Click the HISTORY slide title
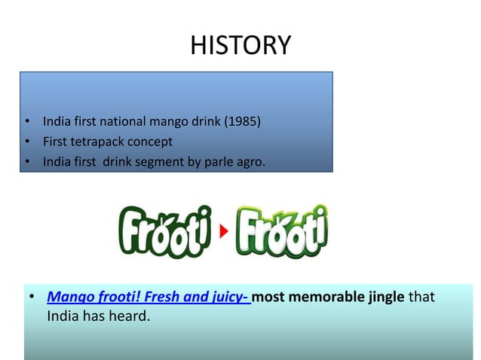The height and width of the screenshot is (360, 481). click(x=240, y=45)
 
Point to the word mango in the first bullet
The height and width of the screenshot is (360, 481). click(x=167, y=121)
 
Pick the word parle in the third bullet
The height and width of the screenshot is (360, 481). click(x=212, y=160)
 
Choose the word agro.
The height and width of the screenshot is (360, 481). click(x=249, y=160)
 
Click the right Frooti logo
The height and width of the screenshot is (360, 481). click(x=282, y=230)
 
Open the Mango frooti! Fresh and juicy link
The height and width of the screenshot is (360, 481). click(x=149, y=297)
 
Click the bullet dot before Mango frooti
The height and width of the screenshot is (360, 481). click(x=32, y=297)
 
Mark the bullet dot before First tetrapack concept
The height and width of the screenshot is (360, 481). click(x=26, y=142)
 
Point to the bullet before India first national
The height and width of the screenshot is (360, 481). click(x=26, y=122)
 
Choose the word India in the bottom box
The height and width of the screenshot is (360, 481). click(x=63, y=316)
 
